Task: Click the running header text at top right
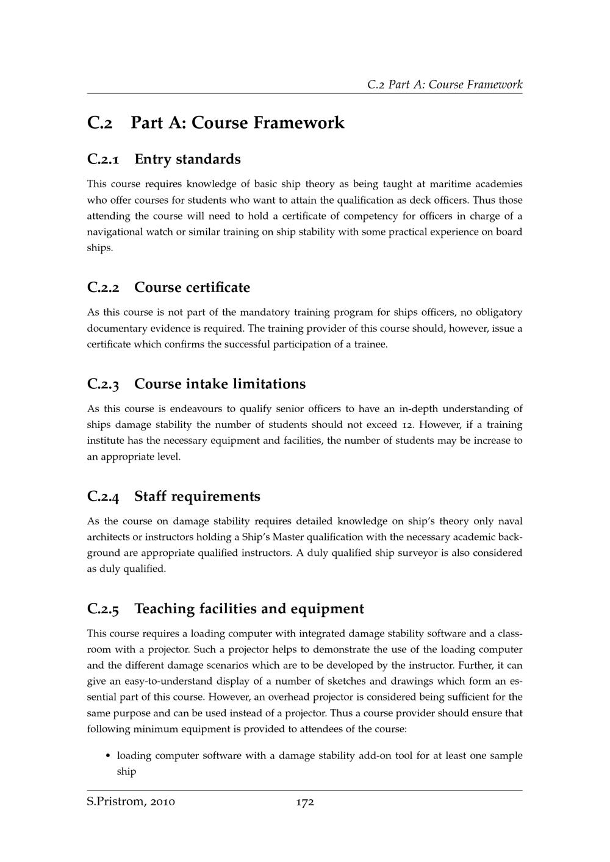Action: (x=445, y=84)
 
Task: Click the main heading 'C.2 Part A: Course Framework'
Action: (x=216, y=123)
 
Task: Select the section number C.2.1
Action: (x=103, y=159)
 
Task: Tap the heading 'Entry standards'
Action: (x=187, y=159)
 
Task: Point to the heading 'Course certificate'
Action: (x=192, y=287)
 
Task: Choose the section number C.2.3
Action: (x=103, y=384)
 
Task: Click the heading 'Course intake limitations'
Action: (x=220, y=384)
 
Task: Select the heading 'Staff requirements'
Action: (x=197, y=496)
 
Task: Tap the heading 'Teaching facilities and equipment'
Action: (x=249, y=608)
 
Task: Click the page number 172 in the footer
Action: (x=304, y=802)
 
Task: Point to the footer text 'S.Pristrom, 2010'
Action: (x=131, y=802)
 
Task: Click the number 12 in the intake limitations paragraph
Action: (x=407, y=424)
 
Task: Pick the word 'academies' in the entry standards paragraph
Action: (x=498, y=184)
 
